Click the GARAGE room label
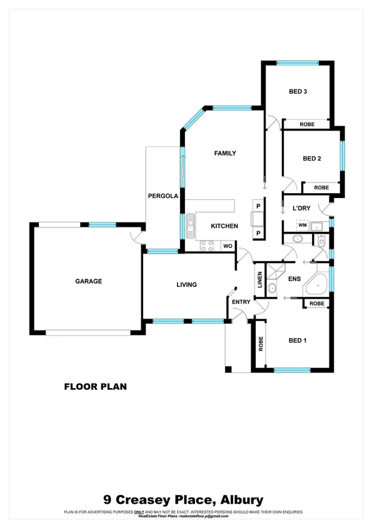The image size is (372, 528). (89, 281)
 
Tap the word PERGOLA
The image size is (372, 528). (163, 196)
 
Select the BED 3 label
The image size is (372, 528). (298, 92)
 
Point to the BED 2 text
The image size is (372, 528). (312, 159)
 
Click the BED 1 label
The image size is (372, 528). (298, 341)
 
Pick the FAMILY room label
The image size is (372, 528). (225, 153)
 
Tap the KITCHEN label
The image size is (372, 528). (224, 226)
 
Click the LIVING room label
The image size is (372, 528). (186, 285)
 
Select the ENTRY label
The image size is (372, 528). (241, 302)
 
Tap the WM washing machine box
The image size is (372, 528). (302, 225)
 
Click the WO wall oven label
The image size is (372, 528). (228, 246)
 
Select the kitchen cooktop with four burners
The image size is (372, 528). (207, 246)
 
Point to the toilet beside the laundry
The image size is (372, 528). (321, 241)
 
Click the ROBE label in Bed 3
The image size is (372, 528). (307, 124)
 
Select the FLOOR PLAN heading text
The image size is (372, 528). (96, 387)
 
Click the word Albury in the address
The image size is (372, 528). (239, 500)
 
